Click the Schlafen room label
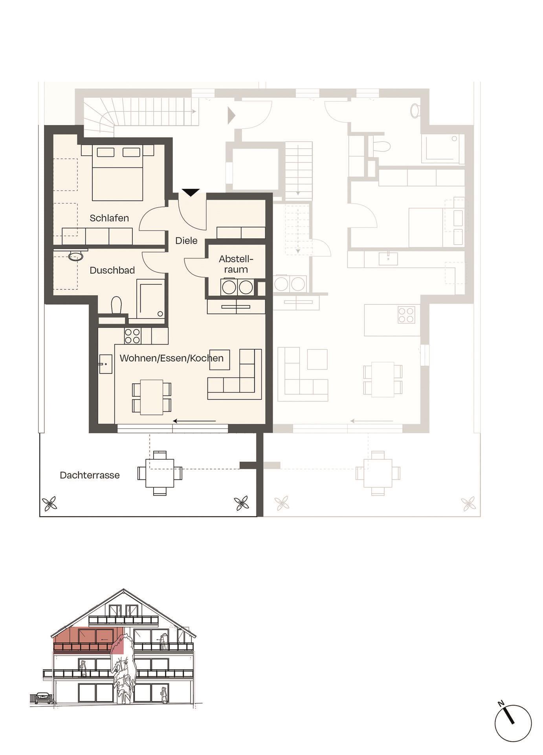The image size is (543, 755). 109,218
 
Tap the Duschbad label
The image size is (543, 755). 112,270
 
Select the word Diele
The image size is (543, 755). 186,241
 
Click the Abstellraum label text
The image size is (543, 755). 236,264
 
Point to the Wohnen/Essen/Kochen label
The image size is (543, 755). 171,358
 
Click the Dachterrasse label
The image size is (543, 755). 90,475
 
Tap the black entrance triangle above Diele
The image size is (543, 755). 191,192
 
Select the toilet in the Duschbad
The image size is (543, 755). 116,305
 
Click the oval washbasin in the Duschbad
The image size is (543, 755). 75,257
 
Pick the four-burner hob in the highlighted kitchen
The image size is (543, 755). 132,336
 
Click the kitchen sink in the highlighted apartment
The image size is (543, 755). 105,364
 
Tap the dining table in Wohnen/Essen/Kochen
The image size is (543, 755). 152,397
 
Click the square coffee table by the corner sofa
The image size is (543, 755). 220,359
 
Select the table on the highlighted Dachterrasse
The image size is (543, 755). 160,473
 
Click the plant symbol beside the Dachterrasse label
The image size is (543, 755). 50,503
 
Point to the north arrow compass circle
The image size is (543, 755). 513,724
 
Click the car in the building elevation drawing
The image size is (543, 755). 42,698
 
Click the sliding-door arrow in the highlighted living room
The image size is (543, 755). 194,421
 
